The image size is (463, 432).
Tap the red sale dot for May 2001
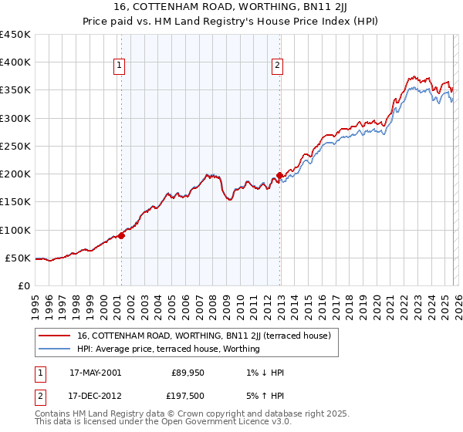point(121,235)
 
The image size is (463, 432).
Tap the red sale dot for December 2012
point(279,175)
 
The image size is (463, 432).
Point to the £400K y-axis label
point(15,62)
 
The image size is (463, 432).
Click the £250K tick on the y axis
point(15,146)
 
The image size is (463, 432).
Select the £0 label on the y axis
point(25,285)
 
